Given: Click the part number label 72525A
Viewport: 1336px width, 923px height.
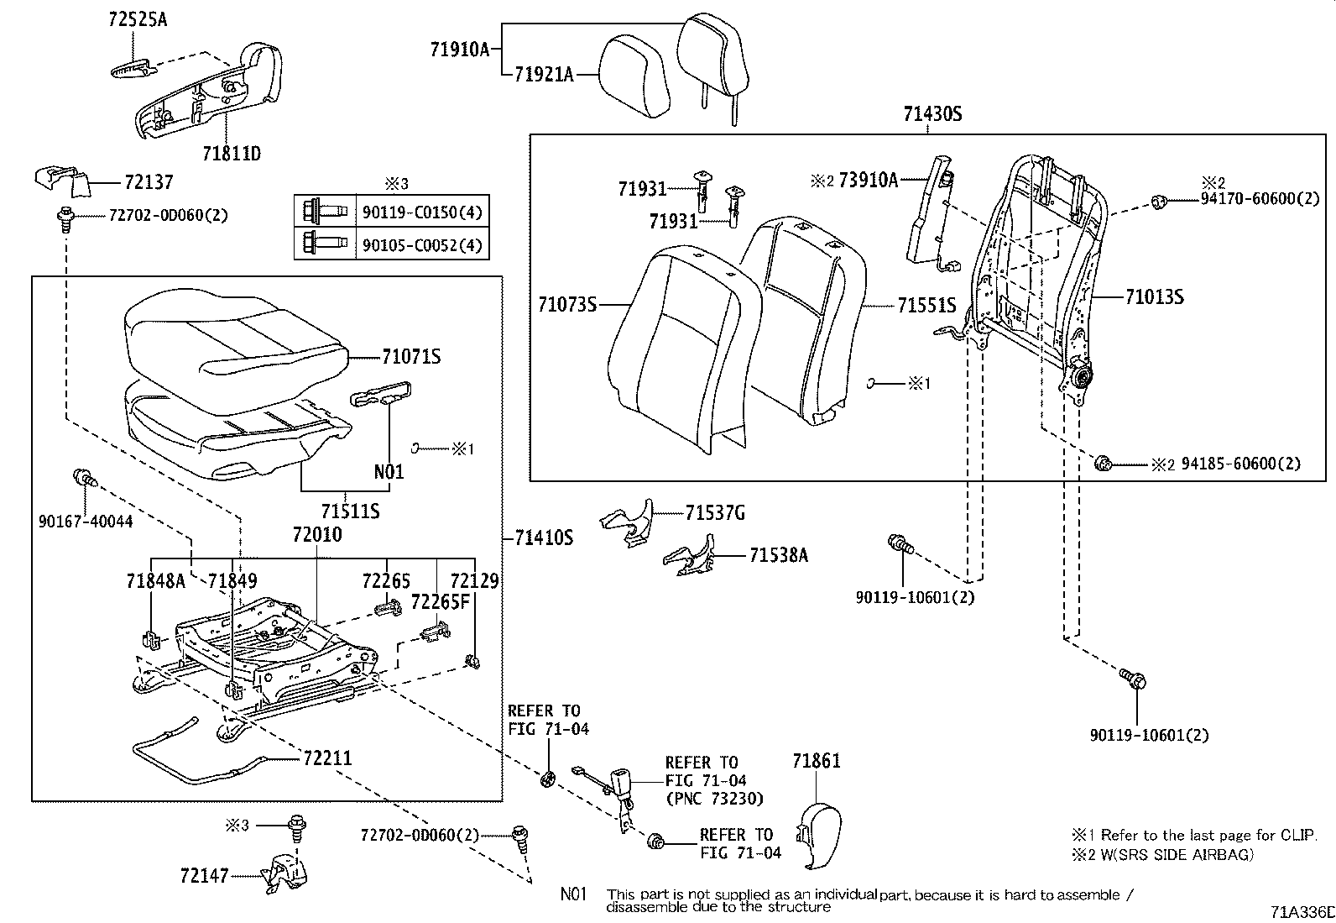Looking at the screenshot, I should tap(138, 18).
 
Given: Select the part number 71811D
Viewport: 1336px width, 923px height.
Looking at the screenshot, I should tap(232, 154).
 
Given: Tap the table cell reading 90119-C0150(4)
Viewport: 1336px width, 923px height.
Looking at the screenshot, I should tap(422, 212).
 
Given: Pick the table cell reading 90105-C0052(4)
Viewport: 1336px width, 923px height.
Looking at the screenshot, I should tap(422, 244).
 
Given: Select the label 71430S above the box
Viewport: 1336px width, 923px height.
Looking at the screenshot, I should tap(932, 113).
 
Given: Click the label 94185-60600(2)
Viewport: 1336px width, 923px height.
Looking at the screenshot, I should tap(1241, 464).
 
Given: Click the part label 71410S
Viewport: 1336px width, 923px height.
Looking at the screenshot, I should tap(544, 538).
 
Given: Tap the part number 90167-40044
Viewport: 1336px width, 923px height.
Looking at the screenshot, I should tap(86, 522).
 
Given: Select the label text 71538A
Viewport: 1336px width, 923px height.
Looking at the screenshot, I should tap(779, 555).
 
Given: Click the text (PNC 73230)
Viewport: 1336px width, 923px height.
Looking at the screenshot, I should tap(713, 798).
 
